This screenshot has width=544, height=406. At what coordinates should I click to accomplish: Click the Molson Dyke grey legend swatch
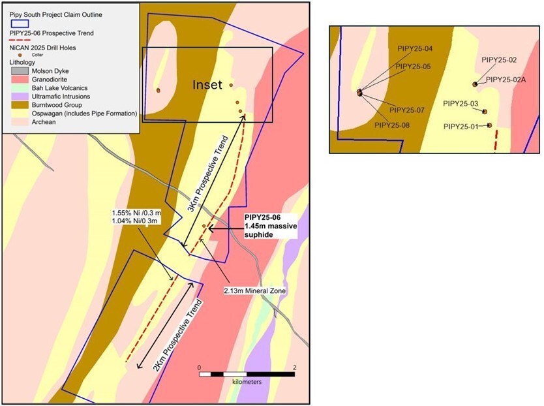point(20,71)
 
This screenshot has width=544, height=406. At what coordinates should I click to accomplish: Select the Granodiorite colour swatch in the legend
point(20,80)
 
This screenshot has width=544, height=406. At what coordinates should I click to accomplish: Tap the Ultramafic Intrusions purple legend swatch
point(20,97)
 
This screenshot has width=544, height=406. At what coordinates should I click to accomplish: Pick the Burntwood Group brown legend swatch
point(20,105)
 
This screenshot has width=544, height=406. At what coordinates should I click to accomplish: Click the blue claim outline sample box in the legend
point(20,23)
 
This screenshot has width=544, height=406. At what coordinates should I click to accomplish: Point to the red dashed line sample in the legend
point(20,40)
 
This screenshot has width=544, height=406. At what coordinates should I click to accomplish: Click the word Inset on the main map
point(207,85)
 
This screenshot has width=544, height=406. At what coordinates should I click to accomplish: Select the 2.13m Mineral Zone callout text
point(255,290)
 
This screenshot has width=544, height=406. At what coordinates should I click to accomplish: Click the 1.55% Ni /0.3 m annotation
point(137,213)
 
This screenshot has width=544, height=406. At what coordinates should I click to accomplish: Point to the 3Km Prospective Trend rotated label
point(208,174)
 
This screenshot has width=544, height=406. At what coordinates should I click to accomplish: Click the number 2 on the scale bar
point(295,367)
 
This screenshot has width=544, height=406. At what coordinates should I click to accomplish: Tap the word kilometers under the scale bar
point(247,382)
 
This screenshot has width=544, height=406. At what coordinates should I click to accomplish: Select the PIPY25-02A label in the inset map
point(506,80)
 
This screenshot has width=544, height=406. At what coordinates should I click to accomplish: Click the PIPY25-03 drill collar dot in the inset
point(485,112)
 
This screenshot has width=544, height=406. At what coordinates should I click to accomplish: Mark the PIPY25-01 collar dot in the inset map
point(489,125)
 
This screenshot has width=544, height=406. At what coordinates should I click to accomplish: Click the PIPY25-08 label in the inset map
point(392,125)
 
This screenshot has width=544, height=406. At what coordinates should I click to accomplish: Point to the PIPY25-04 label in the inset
point(415,48)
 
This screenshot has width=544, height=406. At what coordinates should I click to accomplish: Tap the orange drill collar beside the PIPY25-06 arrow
point(204,226)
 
